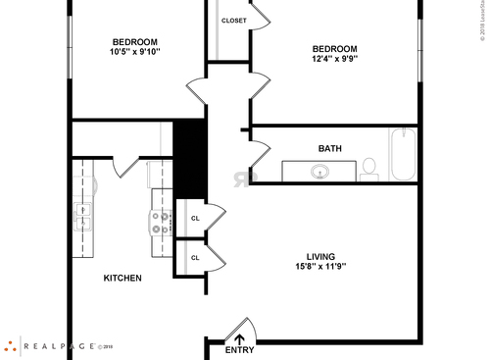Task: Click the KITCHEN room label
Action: (x=122, y=278)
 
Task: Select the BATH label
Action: (x=329, y=149)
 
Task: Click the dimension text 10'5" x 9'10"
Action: (x=134, y=53)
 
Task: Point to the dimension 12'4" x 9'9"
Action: (x=334, y=60)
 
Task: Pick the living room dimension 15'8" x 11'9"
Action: (x=320, y=266)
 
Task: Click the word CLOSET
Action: (x=233, y=21)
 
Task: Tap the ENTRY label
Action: (x=239, y=350)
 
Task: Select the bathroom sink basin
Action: (x=319, y=173)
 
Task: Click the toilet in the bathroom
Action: (x=369, y=169)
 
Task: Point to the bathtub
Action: (x=403, y=154)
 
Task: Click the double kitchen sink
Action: (x=84, y=216)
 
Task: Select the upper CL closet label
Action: (x=195, y=218)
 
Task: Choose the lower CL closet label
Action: (x=195, y=258)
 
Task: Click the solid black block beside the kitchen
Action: (x=187, y=158)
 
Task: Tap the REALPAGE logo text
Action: (x=59, y=345)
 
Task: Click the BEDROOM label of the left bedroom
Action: (x=134, y=41)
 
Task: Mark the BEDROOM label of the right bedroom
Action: (x=334, y=48)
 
